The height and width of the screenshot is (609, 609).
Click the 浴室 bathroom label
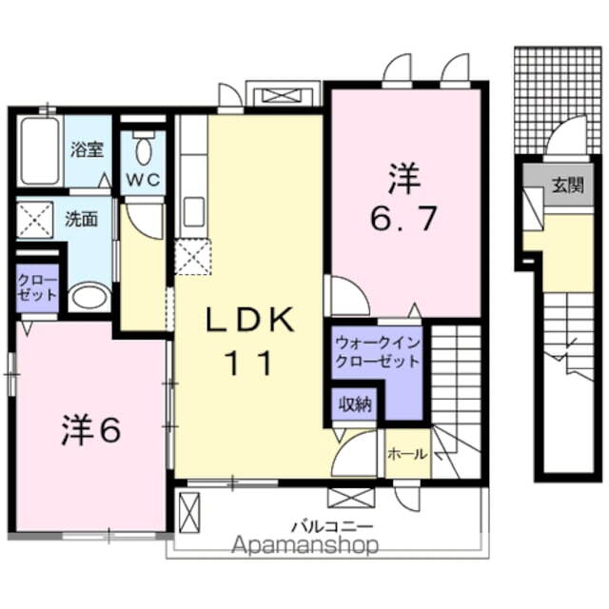(x=87, y=149)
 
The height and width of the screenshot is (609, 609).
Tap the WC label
(x=143, y=180)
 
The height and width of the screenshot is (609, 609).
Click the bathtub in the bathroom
(x=40, y=151)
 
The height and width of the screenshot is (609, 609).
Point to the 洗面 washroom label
(x=81, y=220)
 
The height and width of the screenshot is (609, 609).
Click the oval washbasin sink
(x=89, y=297)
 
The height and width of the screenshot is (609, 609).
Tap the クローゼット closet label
(x=37, y=287)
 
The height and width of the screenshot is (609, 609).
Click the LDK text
(x=249, y=320)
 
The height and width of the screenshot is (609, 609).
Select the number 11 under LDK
(x=249, y=362)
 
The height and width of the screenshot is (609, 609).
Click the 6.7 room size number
(x=403, y=218)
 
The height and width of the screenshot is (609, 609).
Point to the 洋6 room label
(x=91, y=429)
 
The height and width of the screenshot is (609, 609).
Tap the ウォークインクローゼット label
(x=378, y=352)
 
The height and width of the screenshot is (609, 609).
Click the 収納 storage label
(x=355, y=404)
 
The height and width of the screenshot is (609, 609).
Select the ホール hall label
(x=407, y=453)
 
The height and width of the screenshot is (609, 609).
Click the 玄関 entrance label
(x=568, y=186)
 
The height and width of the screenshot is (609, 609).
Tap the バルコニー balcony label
(x=332, y=527)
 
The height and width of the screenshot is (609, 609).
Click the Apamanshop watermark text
(x=304, y=545)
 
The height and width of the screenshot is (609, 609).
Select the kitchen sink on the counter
(x=194, y=211)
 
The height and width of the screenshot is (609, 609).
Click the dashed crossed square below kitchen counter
(x=192, y=257)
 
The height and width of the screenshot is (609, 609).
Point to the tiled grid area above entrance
(x=558, y=101)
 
